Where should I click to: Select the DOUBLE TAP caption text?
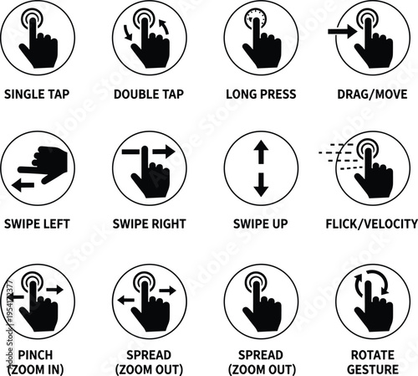click(150, 94)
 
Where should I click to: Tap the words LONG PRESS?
click(261, 94)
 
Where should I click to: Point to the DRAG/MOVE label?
click(372, 94)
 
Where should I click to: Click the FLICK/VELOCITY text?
click(372, 224)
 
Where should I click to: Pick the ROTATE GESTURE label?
click(372, 362)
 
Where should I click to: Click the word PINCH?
click(38, 355)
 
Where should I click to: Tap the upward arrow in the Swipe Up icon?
click(261, 150)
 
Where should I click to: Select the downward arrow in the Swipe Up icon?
click(261, 186)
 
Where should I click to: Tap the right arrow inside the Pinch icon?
click(58, 289)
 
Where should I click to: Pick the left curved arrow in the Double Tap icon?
click(127, 33)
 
